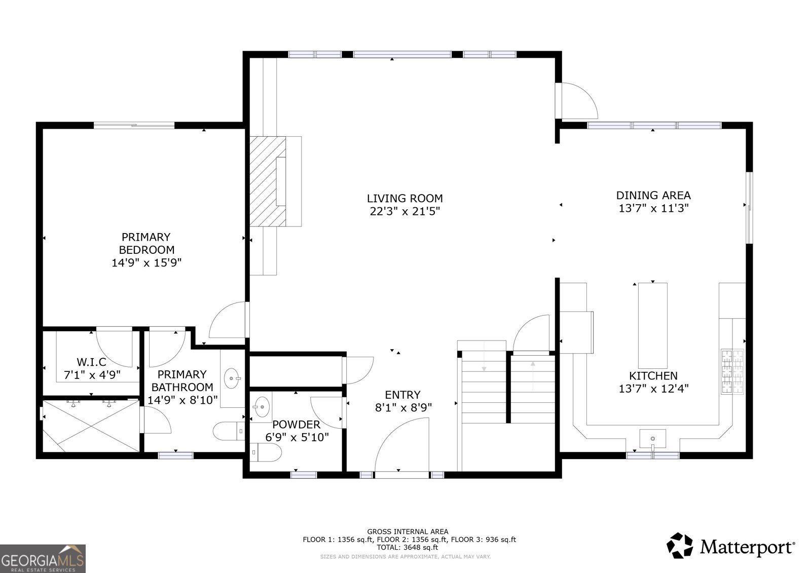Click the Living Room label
click(405, 199)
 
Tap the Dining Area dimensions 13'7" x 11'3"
click(653, 209)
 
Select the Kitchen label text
click(653, 376)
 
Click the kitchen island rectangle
click(652, 325)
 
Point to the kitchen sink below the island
click(652, 439)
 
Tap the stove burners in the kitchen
click(732, 371)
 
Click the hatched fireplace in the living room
click(268, 181)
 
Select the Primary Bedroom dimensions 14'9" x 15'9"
click(146, 263)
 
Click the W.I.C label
click(92, 362)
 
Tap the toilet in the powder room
click(266, 452)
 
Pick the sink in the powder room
click(262, 407)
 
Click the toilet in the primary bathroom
click(229, 431)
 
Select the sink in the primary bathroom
click(232, 378)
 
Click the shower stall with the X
click(91, 426)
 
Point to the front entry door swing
click(402, 445)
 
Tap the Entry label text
click(402, 395)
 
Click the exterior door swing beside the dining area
click(576, 101)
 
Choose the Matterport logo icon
click(680, 546)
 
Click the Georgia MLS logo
click(43, 558)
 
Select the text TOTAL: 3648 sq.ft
click(408, 548)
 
